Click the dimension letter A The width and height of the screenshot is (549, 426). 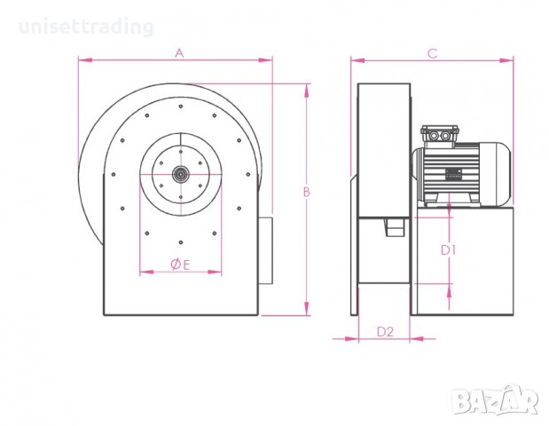[178, 53]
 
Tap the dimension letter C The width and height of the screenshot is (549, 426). [432, 53]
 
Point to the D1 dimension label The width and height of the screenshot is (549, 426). [449, 250]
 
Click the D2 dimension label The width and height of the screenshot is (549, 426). [385, 332]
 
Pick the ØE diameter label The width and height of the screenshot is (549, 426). [180, 264]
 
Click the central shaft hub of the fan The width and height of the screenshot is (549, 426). [180, 174]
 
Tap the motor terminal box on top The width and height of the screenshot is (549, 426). [440, 134]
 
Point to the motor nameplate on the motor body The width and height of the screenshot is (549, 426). [453, 175]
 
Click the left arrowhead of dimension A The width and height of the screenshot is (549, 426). [82, 60]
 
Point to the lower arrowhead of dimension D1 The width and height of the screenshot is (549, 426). [450, 289]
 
